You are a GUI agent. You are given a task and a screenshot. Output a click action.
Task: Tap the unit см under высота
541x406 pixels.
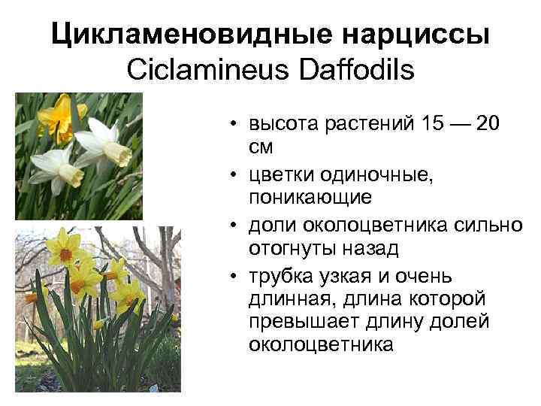point(261,147)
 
